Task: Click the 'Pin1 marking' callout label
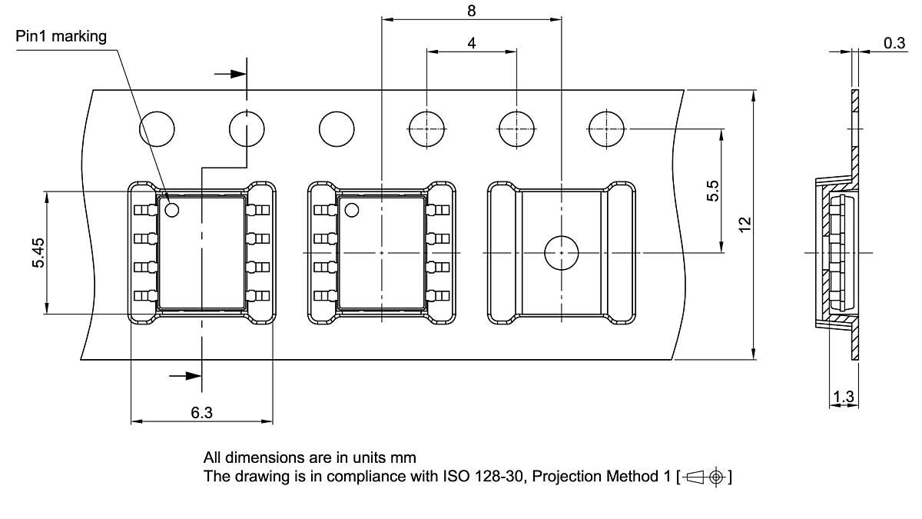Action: pos(61,37)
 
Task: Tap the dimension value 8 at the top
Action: pos(472,11)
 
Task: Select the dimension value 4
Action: pos(472,43)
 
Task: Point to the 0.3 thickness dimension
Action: pos(894,43)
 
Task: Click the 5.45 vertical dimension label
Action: pos(38,252)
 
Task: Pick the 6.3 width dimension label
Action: pos(201,412)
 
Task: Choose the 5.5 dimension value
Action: pos(712,191)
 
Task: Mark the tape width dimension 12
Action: pos(745,225)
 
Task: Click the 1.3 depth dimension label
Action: pos(844,397)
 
